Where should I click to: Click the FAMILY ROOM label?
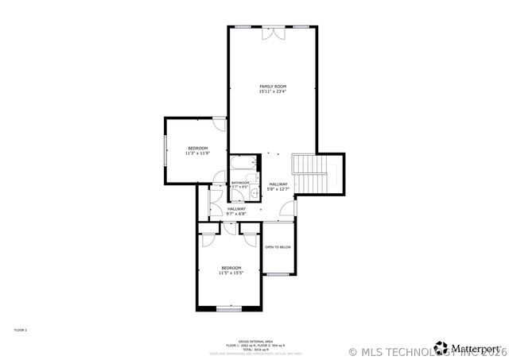(272, 86)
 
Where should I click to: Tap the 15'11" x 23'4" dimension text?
(272, 91)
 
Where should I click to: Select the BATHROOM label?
(240, 182)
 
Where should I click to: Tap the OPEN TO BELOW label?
(278, 247)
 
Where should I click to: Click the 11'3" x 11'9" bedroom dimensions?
(196, 153)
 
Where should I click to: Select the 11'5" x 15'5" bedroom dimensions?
(231, 273)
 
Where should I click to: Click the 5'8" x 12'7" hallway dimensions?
(278, 189)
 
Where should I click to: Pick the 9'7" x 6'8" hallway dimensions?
(236, 214)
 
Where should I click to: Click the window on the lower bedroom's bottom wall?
(229, 308)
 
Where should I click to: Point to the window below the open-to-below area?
(278, 274)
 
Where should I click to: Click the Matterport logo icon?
(441, 347)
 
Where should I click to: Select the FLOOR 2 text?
(21, 329)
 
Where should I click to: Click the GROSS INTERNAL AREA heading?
(253, 340)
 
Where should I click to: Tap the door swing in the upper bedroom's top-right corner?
(219, 124)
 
